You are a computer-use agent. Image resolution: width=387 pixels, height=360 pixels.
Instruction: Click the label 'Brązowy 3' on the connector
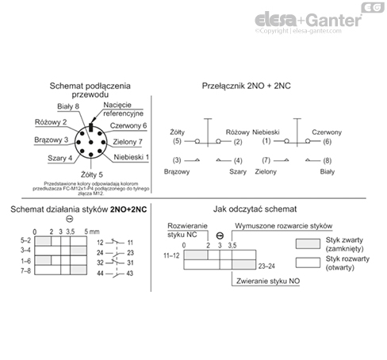pos(44,139)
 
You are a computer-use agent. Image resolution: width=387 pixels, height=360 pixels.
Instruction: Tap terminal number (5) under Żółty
pos(177,141)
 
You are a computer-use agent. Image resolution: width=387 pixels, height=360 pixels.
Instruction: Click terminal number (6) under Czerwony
pos(327,141)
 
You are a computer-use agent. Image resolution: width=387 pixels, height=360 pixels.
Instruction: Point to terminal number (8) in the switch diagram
pos(327,161)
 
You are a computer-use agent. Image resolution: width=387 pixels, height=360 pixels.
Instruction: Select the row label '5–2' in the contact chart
pos(25,240)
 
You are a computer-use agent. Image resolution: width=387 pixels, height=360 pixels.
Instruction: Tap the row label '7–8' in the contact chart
pos(25,271)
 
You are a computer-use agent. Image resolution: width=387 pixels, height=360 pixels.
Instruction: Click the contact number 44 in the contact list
pos(101,274)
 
